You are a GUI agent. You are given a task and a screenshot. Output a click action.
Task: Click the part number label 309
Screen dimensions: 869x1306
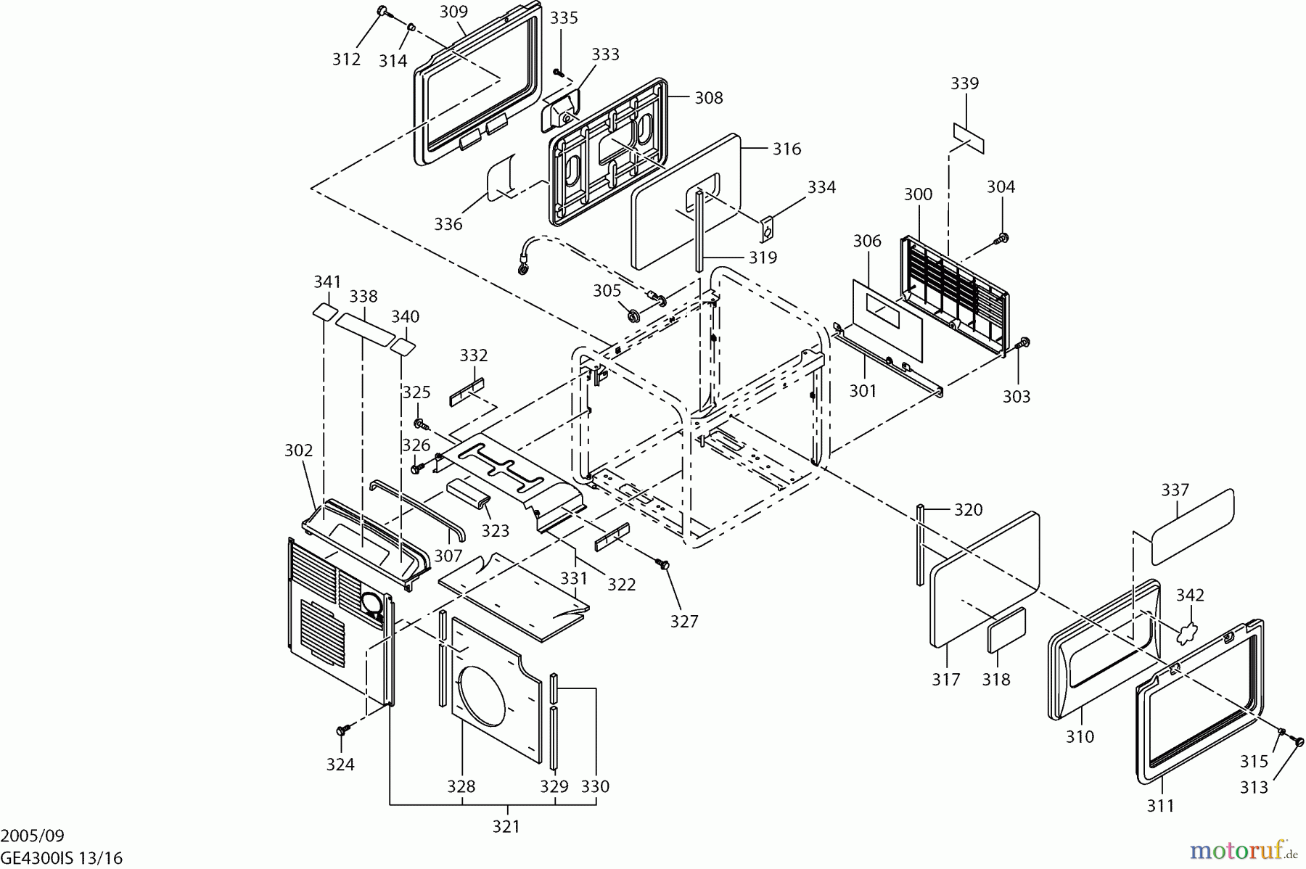[x=453, y=12]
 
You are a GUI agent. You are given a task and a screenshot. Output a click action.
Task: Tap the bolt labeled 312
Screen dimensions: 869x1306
[x=383, y=11]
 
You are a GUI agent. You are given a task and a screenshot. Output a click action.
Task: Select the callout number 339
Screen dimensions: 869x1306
[x=964, y=83]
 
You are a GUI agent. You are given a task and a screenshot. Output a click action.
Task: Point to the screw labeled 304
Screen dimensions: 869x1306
[x=1004, y=237]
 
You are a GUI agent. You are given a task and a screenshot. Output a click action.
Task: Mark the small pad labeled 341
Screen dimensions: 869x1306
[x=324, y=312]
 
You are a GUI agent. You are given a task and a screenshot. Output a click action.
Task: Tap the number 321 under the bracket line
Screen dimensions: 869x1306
[x=506, y=826]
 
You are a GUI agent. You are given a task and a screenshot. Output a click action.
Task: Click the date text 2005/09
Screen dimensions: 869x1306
[x=27, y=836]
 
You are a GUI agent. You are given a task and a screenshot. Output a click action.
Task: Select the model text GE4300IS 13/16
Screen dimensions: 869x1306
[x=61, y=858]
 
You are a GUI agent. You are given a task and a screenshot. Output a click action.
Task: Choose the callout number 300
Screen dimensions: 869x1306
[x=918, y=194]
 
